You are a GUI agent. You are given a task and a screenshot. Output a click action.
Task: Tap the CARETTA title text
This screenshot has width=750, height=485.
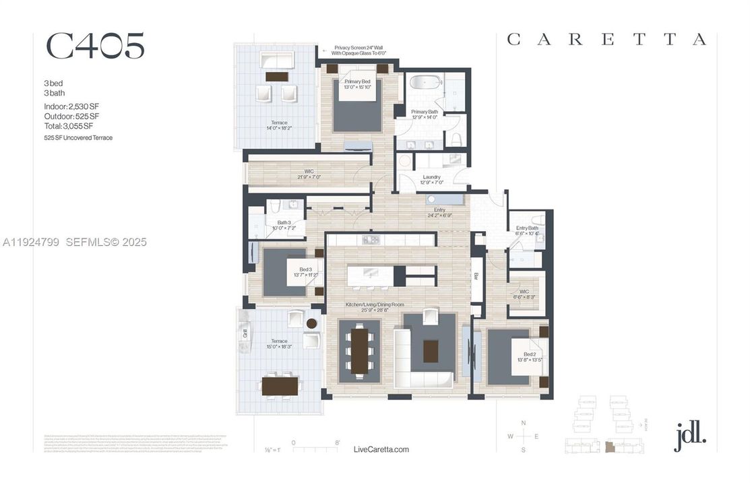[x=606, y=40]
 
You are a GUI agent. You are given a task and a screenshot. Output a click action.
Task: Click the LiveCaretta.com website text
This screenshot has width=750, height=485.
[x=381, y=449]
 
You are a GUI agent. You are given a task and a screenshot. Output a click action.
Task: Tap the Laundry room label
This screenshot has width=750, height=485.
[x=431, y=177]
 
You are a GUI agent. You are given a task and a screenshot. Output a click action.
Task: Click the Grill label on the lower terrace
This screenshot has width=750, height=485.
[x=245, y=332]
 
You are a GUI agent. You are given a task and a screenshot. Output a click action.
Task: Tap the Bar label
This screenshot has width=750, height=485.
[x=476, y=276]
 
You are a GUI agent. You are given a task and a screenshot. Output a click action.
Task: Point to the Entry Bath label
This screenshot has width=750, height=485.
[x=527, y=229]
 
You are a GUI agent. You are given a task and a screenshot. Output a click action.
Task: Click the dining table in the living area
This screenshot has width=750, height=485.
[x=359, y=350]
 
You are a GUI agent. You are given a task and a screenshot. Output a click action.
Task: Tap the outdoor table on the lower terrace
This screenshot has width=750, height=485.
[x=280, y=385]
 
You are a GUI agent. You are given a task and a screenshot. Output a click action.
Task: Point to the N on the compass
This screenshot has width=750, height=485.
[x=524, y=422]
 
